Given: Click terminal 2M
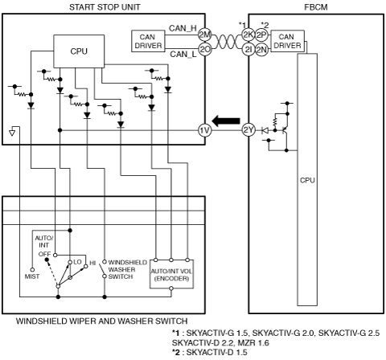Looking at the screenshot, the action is (205, 35).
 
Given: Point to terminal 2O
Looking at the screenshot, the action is (205, 49).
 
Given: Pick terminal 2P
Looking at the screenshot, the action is (261, 35).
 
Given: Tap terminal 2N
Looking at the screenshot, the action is (261, 50).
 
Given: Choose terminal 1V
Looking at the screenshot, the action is (205, 130).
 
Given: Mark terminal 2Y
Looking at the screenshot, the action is (248, 130).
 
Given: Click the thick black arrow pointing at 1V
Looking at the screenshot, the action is (226, 121).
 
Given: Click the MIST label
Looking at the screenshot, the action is (32, 276).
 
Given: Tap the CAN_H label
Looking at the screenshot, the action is (183, 28).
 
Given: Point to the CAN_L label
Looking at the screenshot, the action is (183, 54).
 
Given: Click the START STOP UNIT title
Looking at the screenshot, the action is (105, 7).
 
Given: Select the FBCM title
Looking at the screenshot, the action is (316, 7).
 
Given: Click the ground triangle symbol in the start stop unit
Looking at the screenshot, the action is (12, 133).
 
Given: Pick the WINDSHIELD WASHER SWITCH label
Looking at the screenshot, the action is (128, 269).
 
